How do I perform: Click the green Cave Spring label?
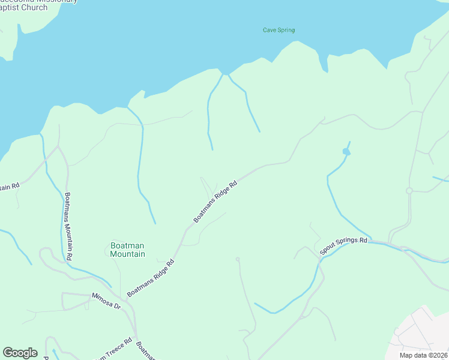(279, 30)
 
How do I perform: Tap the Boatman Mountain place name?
(127, 250)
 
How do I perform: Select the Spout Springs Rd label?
(343, 246)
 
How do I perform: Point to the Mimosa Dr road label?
(106, 300)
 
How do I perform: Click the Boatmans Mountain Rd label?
(69, 226)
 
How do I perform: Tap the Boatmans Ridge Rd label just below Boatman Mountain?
(151, 277)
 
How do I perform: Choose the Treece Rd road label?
(120, 347)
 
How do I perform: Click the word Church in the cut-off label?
(34, 7)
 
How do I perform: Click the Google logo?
(20, 352)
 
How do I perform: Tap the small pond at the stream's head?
(346, 152)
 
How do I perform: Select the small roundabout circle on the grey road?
(409, 191)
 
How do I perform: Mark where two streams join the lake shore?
(226, 74)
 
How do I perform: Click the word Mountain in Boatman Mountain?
(127, 254)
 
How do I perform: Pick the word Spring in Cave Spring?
(286, 30)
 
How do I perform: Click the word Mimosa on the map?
(101, 298)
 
